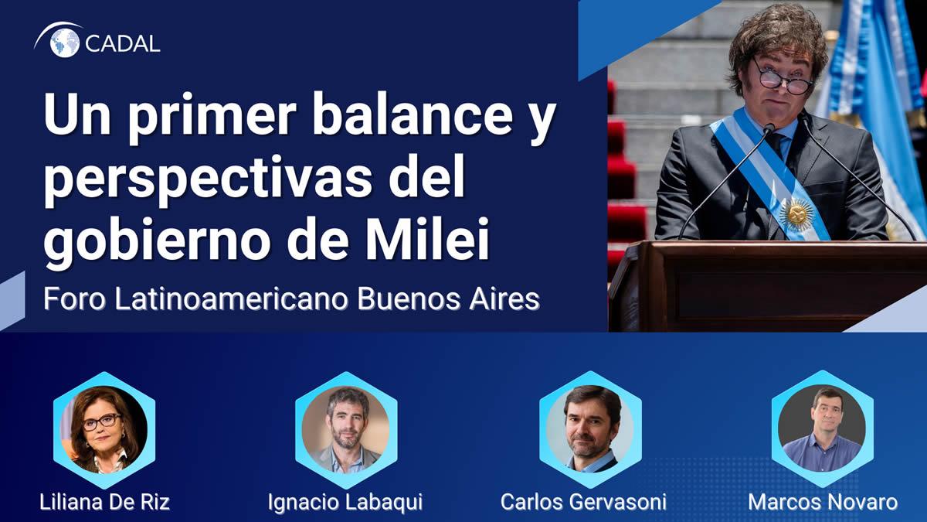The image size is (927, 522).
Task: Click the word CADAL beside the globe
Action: coord(123,44)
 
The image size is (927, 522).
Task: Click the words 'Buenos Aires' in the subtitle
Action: coord(448,299)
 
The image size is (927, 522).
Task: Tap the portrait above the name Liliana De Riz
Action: coord(104,430)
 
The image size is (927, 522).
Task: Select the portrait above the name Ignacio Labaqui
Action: coord(346,430)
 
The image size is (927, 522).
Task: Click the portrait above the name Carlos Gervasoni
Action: coord(590,429)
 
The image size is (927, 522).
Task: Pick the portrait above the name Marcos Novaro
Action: coord(822,428)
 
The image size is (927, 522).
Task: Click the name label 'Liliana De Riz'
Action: coord(105,502)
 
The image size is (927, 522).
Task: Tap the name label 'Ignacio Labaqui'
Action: coord(345,503)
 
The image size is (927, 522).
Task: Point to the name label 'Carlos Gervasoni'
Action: coord(583,502)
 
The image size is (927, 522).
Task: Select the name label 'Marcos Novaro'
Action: coord(823,502)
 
